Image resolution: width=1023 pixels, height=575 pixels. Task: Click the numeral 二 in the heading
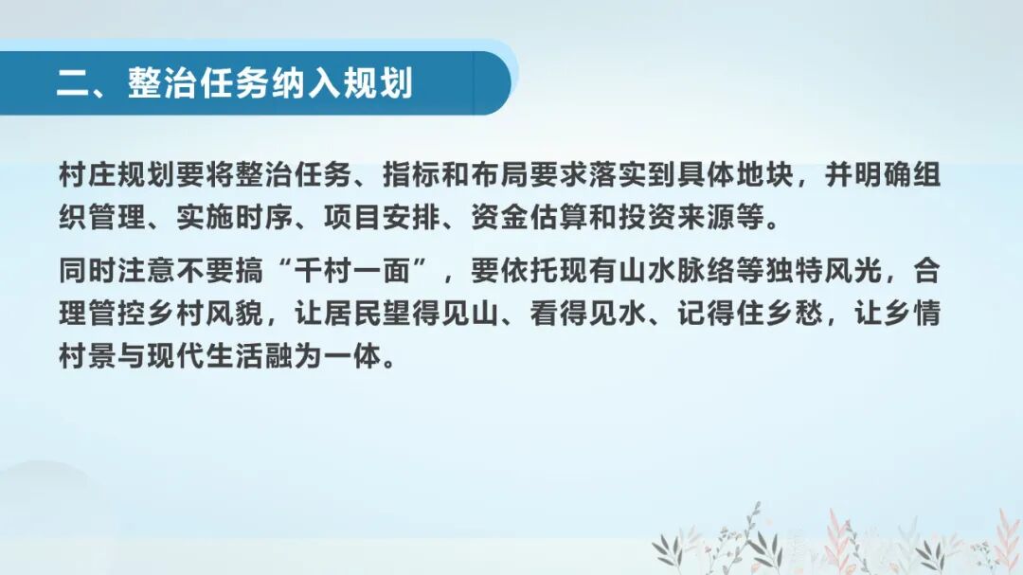tap(72, 83)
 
